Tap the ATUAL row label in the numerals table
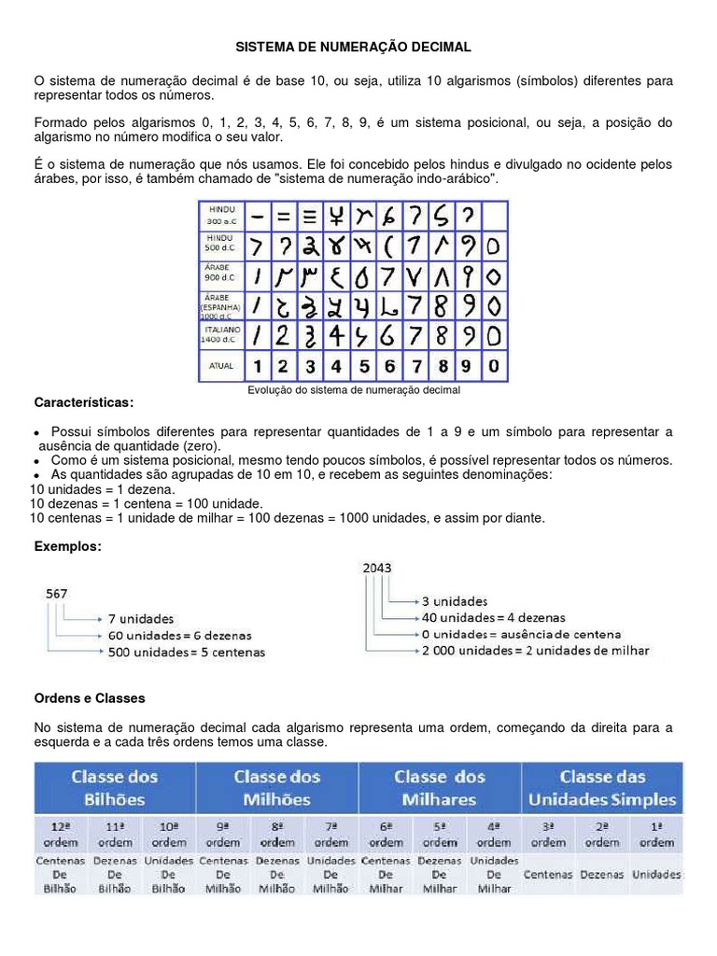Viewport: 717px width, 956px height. tap(222, 366)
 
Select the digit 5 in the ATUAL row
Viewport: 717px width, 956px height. tap(364, 366)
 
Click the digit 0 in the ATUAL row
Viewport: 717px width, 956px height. tap(494, 366)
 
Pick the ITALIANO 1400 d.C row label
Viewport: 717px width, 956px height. tap(222, 334)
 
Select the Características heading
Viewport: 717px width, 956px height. tap(84, 402)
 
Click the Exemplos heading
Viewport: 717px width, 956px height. tap(67, 545)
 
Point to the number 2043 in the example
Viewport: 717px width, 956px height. tap(377, 568)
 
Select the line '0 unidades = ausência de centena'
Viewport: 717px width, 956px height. tap(519, 634)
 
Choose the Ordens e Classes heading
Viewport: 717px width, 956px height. tap(90, 697)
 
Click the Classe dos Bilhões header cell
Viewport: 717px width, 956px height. tap(115, 787)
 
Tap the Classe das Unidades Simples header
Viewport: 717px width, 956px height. tap(602, 787)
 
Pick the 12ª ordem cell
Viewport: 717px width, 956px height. tap(62, 834)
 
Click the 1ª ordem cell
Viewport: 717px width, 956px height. tap(656, 834)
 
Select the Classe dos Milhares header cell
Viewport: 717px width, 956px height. tap(439, 787)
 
